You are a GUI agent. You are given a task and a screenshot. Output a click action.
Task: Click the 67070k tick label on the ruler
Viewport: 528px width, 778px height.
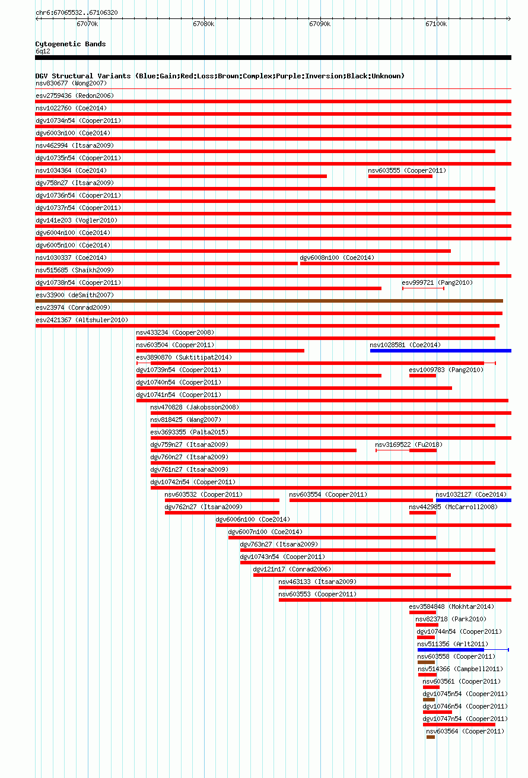click(x=87, y=24)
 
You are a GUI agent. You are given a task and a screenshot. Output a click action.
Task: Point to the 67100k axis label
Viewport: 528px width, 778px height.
click(x=436, y=24)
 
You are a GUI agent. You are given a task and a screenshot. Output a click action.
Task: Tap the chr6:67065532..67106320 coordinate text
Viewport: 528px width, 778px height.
click(x=77, y=12)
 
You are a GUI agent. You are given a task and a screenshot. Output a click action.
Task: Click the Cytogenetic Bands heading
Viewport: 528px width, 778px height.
click(x=71, y=44)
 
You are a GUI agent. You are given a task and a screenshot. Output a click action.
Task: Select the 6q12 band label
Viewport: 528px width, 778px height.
click(x=43, y=52)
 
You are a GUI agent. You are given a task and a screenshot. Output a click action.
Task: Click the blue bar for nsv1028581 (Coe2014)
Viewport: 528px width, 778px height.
click(x=441, y=351)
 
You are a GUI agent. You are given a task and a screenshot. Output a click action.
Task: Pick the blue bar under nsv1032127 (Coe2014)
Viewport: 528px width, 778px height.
click(x=473, y=500)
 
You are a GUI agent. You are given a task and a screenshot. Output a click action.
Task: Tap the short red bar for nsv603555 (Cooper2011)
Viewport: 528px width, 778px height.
click(x=400, y=176)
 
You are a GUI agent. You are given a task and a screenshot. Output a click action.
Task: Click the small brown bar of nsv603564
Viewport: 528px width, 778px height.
click(x=431, y=737)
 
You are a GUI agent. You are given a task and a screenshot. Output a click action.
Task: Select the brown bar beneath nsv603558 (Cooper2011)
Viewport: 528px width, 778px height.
click(x=426, y=662)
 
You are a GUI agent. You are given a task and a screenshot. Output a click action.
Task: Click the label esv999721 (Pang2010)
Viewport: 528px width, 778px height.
click(x=437, y=282)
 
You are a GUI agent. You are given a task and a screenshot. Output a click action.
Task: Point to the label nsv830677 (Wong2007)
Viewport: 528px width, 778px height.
click(x=71, y=83)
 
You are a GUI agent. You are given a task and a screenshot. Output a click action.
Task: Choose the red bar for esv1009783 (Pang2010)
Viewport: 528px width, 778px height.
click(x=422, y=376)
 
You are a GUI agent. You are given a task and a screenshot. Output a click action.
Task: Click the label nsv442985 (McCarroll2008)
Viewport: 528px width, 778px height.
click(x=453, y=507)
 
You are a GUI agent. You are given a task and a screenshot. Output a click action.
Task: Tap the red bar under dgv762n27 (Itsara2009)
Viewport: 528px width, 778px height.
click(x=222, y=513)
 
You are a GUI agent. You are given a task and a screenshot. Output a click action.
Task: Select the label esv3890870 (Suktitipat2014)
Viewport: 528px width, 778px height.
click(x=184, y=357)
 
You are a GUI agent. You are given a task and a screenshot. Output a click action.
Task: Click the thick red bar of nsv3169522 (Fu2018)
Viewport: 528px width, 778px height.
click(x=423, y=450)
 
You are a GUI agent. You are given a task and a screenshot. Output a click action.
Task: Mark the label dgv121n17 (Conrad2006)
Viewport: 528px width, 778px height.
click(x=292, y=569)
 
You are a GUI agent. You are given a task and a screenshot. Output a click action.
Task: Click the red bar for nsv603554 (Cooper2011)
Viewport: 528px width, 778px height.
click(x=361, y=500)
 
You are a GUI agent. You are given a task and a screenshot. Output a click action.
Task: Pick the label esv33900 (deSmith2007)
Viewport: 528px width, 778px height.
click(x=75, y=295)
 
